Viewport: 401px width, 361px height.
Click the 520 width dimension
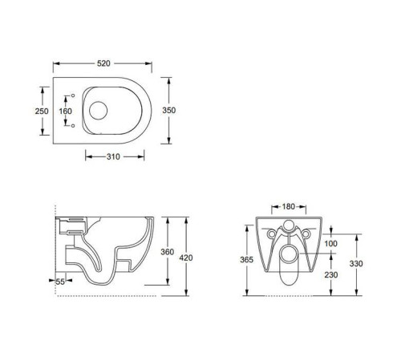tap(103, 63)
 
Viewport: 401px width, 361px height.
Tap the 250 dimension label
tap(42, 111)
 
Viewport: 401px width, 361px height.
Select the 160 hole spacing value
tap(66, 111)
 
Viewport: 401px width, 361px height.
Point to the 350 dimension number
tap(169, 110)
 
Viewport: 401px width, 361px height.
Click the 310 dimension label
tap(113, 156)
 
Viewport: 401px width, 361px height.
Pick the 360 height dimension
tap(168, 252)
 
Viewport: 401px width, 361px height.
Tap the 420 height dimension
tap(186, 258)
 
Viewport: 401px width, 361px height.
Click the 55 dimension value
tap(60, 282)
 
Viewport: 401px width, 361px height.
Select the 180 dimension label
tap(289, 206)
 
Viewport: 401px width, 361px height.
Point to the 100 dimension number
tap(330, 244)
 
